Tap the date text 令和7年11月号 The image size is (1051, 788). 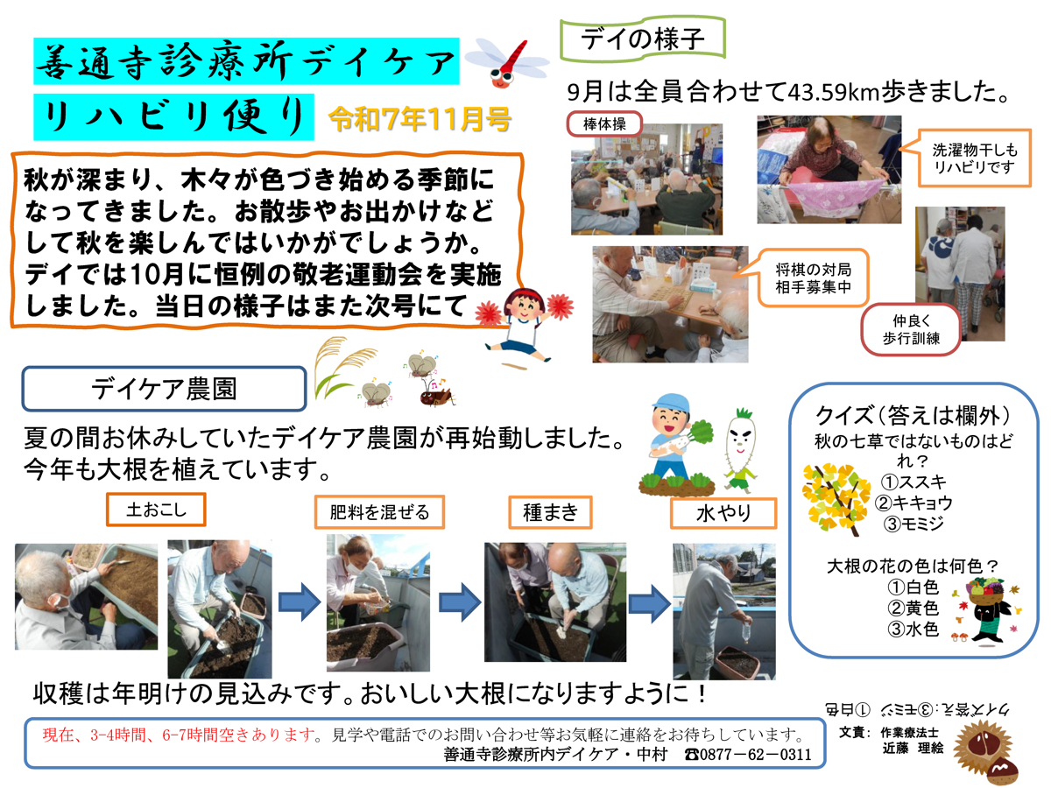click(420, 119)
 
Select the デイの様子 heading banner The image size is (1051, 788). click(643, 39)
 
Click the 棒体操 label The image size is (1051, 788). click(604, 124)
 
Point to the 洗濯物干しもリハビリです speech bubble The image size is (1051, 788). click(973, 158)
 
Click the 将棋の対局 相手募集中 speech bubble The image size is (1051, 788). click(813, 278)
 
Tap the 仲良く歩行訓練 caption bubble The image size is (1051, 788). click(911, 330)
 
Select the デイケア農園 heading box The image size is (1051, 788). click(164, 389)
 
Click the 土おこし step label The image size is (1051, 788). click(156, 510)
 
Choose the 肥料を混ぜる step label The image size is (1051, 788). click(379, 512)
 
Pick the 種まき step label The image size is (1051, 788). click(550, 512)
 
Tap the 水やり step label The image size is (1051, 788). click(723, 513)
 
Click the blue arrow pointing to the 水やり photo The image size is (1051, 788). click(649, 603)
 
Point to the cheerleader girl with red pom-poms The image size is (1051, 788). click(524, 326)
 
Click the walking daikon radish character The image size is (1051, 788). click(739, 450)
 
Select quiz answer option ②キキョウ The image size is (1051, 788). click(913, 503)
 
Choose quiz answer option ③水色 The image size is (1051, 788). click(913, 630)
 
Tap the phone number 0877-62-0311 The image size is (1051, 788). click(748, 755)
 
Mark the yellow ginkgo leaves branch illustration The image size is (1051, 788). click(836, 499)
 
